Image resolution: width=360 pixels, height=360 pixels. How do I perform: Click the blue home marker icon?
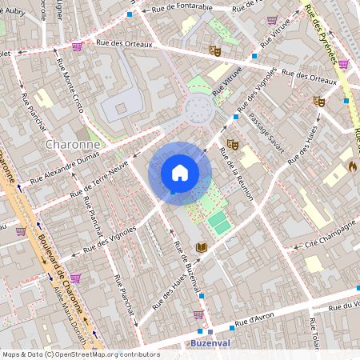[x=180, y=173]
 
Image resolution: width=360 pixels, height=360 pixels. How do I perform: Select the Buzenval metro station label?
[x=211, y=342]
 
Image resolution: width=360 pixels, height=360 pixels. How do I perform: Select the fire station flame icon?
[x=352, y=167]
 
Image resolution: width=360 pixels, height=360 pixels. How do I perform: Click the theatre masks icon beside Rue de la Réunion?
[x=233, y=144]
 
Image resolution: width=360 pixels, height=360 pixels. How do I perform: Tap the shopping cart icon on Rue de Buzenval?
[x=198, y=314]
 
